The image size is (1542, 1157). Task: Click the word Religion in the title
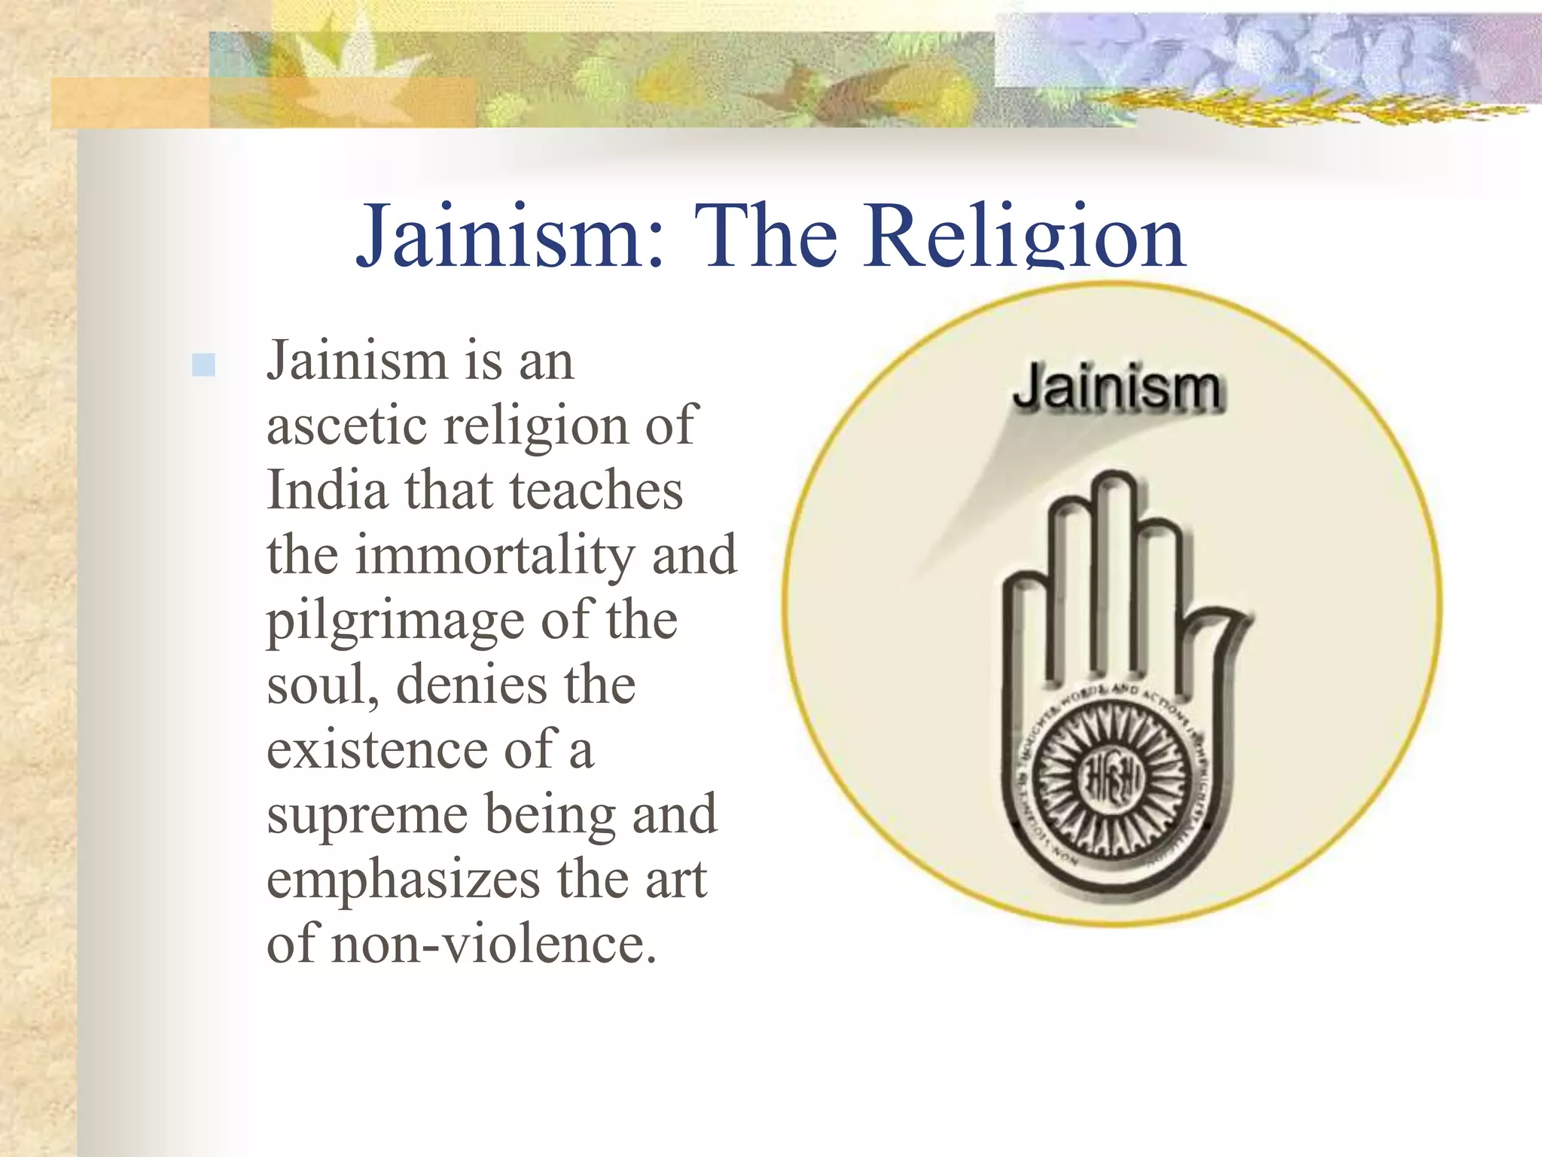[x=1025, y=236]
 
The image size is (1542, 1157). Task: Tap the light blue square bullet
[x=203, y=365]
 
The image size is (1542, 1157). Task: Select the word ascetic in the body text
[x=347, y=426]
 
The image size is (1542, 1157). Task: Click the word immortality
[x=495, y=555]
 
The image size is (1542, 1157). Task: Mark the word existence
[x=377, y=750]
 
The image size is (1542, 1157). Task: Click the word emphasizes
[x=404, y=880]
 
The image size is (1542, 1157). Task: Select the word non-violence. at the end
[x=493, y=945]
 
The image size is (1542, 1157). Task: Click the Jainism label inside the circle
[x=1117, y=389]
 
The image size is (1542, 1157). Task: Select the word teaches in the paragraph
[x=596, y=490]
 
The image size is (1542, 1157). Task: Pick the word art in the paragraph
[x=675, y=880]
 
